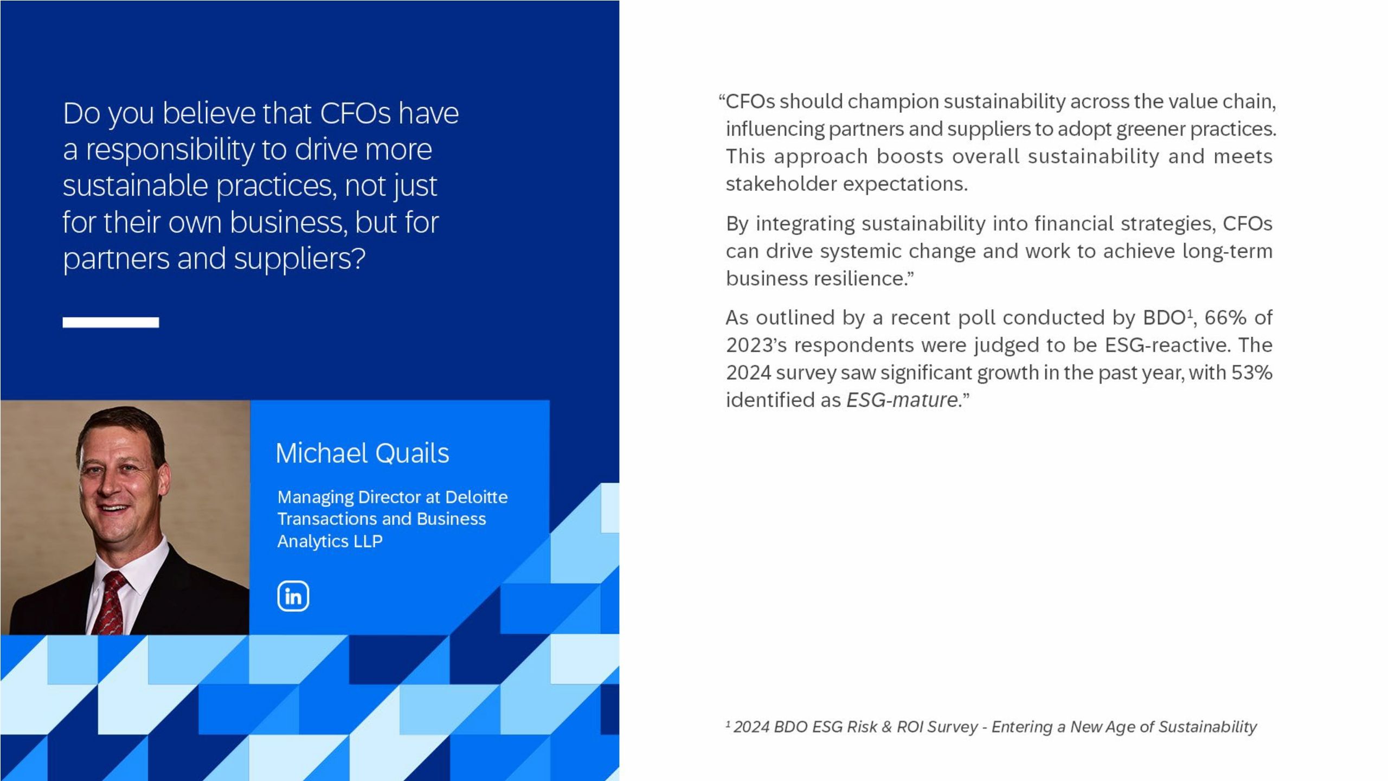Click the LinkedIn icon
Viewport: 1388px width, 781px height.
point(293,596)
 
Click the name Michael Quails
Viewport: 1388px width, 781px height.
point(362,453)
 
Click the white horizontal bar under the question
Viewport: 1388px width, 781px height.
point(111,322)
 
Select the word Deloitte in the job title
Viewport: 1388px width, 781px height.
point(477,497)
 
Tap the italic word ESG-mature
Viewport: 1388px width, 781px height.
point(902,400)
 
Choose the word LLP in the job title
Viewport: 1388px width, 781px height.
point(368,541)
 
